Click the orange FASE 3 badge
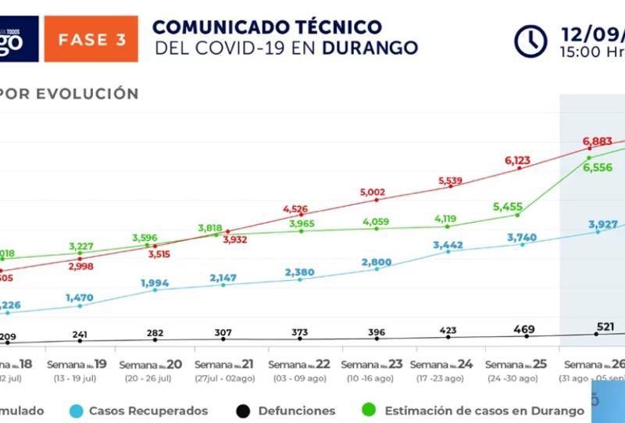91,39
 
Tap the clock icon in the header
530,41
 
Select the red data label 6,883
599,141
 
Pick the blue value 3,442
448,246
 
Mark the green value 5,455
509,207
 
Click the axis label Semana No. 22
302,365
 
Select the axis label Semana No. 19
77,365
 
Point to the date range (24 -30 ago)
512,379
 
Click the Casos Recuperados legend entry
148,410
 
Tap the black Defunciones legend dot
243,410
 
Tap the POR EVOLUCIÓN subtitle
70,94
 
